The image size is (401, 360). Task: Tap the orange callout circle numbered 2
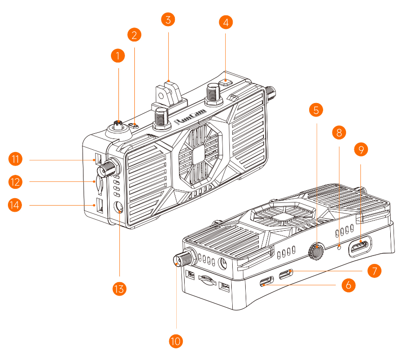coord(134,35)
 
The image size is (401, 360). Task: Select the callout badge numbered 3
coord(168,20)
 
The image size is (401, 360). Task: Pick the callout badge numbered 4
coord(226,22)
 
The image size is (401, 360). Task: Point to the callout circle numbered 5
coord(316,110)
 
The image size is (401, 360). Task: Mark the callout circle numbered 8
coord(339,132)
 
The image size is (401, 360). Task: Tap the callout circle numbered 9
coord(361,149)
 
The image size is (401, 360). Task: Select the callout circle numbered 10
coord(176,341)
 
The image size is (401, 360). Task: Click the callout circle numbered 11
coord(16,159)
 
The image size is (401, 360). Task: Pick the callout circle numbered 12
coord(16,181)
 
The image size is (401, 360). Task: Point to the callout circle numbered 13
coord(120,289)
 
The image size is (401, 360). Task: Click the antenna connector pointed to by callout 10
coord(180,259)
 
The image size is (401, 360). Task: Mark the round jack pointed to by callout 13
coord(119,208)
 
